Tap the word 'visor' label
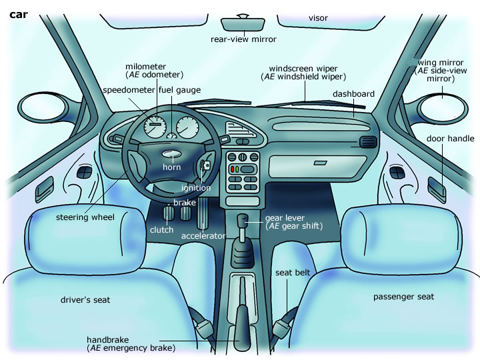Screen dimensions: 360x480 point(318,17)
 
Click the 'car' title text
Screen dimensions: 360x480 point(18,13)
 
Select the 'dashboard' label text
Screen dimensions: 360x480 point(353,94)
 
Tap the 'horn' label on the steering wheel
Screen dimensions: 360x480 point(172,167)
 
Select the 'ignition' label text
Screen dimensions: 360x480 point(196,188)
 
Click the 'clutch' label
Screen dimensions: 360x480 point(161,230)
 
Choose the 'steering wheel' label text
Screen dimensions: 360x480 point(85,217)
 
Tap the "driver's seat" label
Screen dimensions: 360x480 point(85,300)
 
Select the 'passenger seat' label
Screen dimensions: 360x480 point(403,297)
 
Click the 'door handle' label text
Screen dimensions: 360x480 point(451,139)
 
